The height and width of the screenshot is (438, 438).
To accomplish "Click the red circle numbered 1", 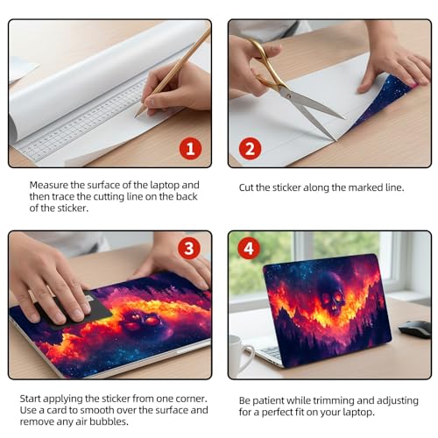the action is pos(190,148).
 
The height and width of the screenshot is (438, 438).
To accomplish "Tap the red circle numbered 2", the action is pos(250,148).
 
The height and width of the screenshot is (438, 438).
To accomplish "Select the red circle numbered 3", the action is pos(189,249).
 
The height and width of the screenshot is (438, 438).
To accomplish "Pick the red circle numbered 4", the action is pos(249,249).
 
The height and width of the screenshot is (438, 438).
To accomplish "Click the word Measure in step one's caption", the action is pos(48,185).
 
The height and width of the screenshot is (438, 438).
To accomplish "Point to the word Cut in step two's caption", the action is pos(246,187).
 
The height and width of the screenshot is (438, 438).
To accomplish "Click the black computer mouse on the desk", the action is pos(414,329).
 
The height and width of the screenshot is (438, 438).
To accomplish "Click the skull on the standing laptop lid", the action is pos(332,293).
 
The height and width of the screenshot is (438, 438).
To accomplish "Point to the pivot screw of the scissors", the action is pos(288,95).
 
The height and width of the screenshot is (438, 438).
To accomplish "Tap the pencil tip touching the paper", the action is pos(136,117).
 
